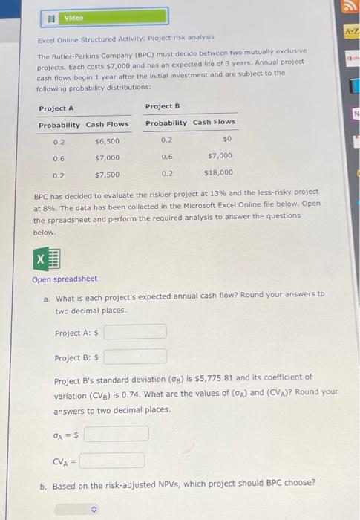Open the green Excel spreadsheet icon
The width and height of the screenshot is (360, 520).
pos(47,259)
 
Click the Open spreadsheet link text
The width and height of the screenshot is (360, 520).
pos(65,279)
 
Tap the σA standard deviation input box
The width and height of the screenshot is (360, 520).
pos(117,433)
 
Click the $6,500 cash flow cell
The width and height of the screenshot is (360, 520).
pos(108,140)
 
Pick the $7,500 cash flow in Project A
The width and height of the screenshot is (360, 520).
pos(108,175)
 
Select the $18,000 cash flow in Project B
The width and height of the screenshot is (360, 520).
pos(218,172)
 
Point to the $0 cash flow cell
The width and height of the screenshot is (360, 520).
pos(226,138)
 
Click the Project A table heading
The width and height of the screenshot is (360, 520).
pos(56,108)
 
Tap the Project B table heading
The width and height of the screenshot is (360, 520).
pos(162,106)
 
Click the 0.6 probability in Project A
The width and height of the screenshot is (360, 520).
pos(58,157)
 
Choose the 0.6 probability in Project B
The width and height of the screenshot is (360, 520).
pos(167,156)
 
